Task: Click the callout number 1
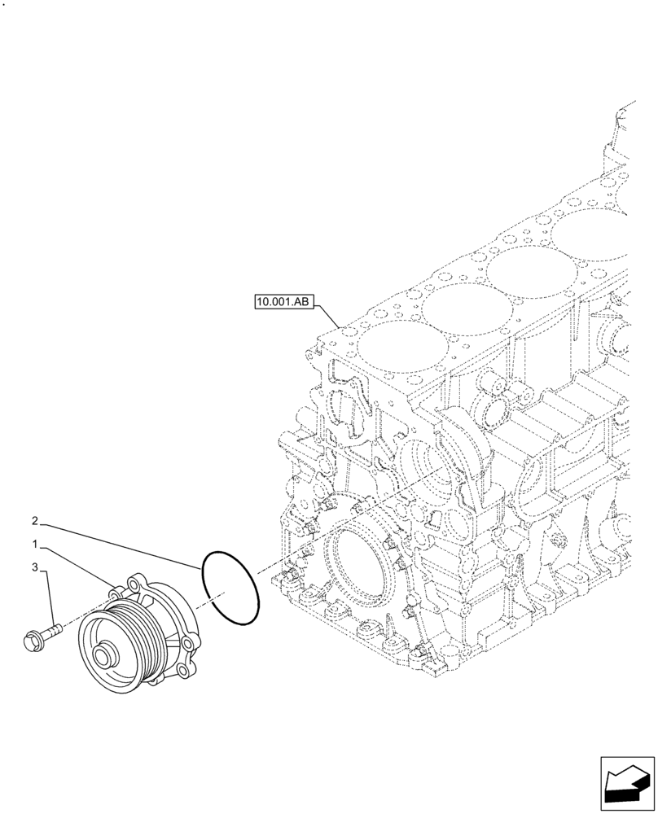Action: tap(36, 542)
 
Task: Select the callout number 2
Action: tap(36, 519)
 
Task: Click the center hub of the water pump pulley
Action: tap(105, 655)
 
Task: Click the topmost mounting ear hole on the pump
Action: tap(135, 582)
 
